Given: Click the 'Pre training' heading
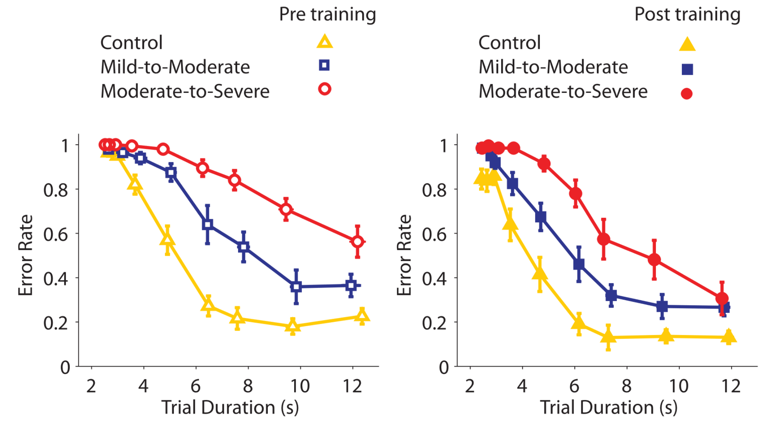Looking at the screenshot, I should [x=327, y=15].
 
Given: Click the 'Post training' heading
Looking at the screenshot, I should [x=687, y=15].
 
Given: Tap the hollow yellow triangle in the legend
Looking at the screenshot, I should [x=325, y=42].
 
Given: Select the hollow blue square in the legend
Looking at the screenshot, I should [x=324, y=65].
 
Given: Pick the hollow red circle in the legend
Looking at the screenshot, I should [x=325, y=89].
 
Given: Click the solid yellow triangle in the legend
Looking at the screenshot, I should [x=687, y=44].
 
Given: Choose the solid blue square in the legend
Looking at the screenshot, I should [x=687, y=69].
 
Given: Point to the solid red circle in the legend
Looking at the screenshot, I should [x=687, y=94].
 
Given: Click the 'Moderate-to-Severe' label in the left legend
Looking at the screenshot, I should [x=185, y=92].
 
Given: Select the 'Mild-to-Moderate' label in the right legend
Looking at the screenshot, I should [x=553, y=67].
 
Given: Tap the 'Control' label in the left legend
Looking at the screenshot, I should [x=131, y=43].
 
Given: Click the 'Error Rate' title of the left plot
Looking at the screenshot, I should [x=26, y=255].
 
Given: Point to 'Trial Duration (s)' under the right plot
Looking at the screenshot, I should [x=609, y=408].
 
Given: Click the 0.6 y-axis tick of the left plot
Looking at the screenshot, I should [x=55, y=234].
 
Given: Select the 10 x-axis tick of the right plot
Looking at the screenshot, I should [x=679, y=386].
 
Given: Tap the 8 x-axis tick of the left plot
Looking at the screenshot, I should [x=248, y=386].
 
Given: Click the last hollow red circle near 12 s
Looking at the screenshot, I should [x=358, y=242].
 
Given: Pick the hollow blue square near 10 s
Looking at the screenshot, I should [x=296, y=287].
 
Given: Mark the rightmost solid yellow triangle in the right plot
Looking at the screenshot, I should [x=729, y=337].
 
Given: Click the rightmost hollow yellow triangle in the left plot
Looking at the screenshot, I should [x=362, y=316].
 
